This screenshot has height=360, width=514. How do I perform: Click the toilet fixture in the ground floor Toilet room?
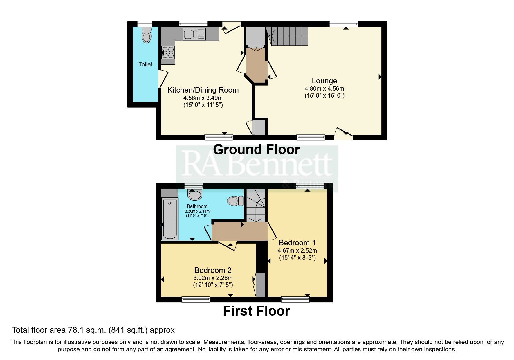point(147,35)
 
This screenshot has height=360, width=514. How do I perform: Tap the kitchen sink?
point(194,34)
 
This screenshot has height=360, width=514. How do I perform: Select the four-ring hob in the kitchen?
point(168,53)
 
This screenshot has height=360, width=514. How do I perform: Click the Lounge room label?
point(324,81)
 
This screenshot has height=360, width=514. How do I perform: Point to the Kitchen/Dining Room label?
point(203,90)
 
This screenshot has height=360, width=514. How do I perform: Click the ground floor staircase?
point(288,36)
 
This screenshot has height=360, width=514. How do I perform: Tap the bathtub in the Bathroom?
point(170,219)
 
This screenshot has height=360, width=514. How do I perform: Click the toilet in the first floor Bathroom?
point(235,201)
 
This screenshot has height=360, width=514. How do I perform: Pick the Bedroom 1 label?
point(297,243)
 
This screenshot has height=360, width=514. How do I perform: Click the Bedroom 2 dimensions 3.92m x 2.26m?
point(213,278)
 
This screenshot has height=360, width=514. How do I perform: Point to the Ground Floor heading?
point(256,150)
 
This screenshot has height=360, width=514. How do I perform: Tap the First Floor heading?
point(256,311)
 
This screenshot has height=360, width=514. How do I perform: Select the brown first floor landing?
point(239,231)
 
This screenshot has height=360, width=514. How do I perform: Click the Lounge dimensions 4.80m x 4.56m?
point(324,89)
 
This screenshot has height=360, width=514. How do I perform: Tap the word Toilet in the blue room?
point(145,64)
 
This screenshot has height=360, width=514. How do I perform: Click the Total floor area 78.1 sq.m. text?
point(93,330)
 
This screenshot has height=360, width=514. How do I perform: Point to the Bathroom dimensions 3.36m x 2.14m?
point(197,211)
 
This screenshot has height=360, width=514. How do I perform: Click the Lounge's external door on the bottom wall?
point(344,134)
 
